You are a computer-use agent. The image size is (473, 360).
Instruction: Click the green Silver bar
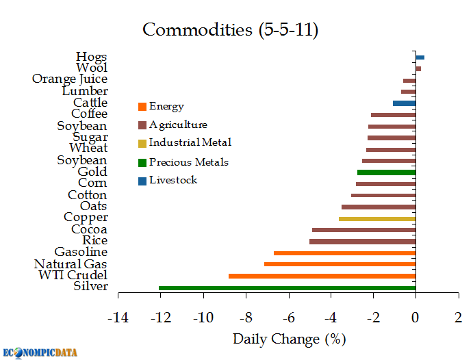(287, 287)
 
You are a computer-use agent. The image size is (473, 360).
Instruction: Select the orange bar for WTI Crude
(322, 276)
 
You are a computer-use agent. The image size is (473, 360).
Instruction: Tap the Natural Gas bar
(340, 264)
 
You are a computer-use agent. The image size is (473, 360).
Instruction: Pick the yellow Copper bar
(377, 218)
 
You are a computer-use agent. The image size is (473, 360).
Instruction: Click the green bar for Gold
(386, 172)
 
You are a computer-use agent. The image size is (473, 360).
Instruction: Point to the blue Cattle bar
(404, 103)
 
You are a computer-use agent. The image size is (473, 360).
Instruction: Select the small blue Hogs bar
(420, 57)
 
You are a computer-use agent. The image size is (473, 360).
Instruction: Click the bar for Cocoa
(363, 230)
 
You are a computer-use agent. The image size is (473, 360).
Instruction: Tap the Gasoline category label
(81, 253)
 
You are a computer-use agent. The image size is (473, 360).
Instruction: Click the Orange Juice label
(70, 79)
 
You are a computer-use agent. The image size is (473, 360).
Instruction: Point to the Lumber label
(84, 91)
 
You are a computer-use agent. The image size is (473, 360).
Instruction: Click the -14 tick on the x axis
(118, 318)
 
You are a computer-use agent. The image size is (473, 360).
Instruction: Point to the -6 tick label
(288, 318)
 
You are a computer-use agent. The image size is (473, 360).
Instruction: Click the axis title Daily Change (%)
(289, 339)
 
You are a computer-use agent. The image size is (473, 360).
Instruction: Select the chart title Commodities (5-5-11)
(230, 30)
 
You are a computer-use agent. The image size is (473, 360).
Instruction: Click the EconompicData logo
(39, 352)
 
